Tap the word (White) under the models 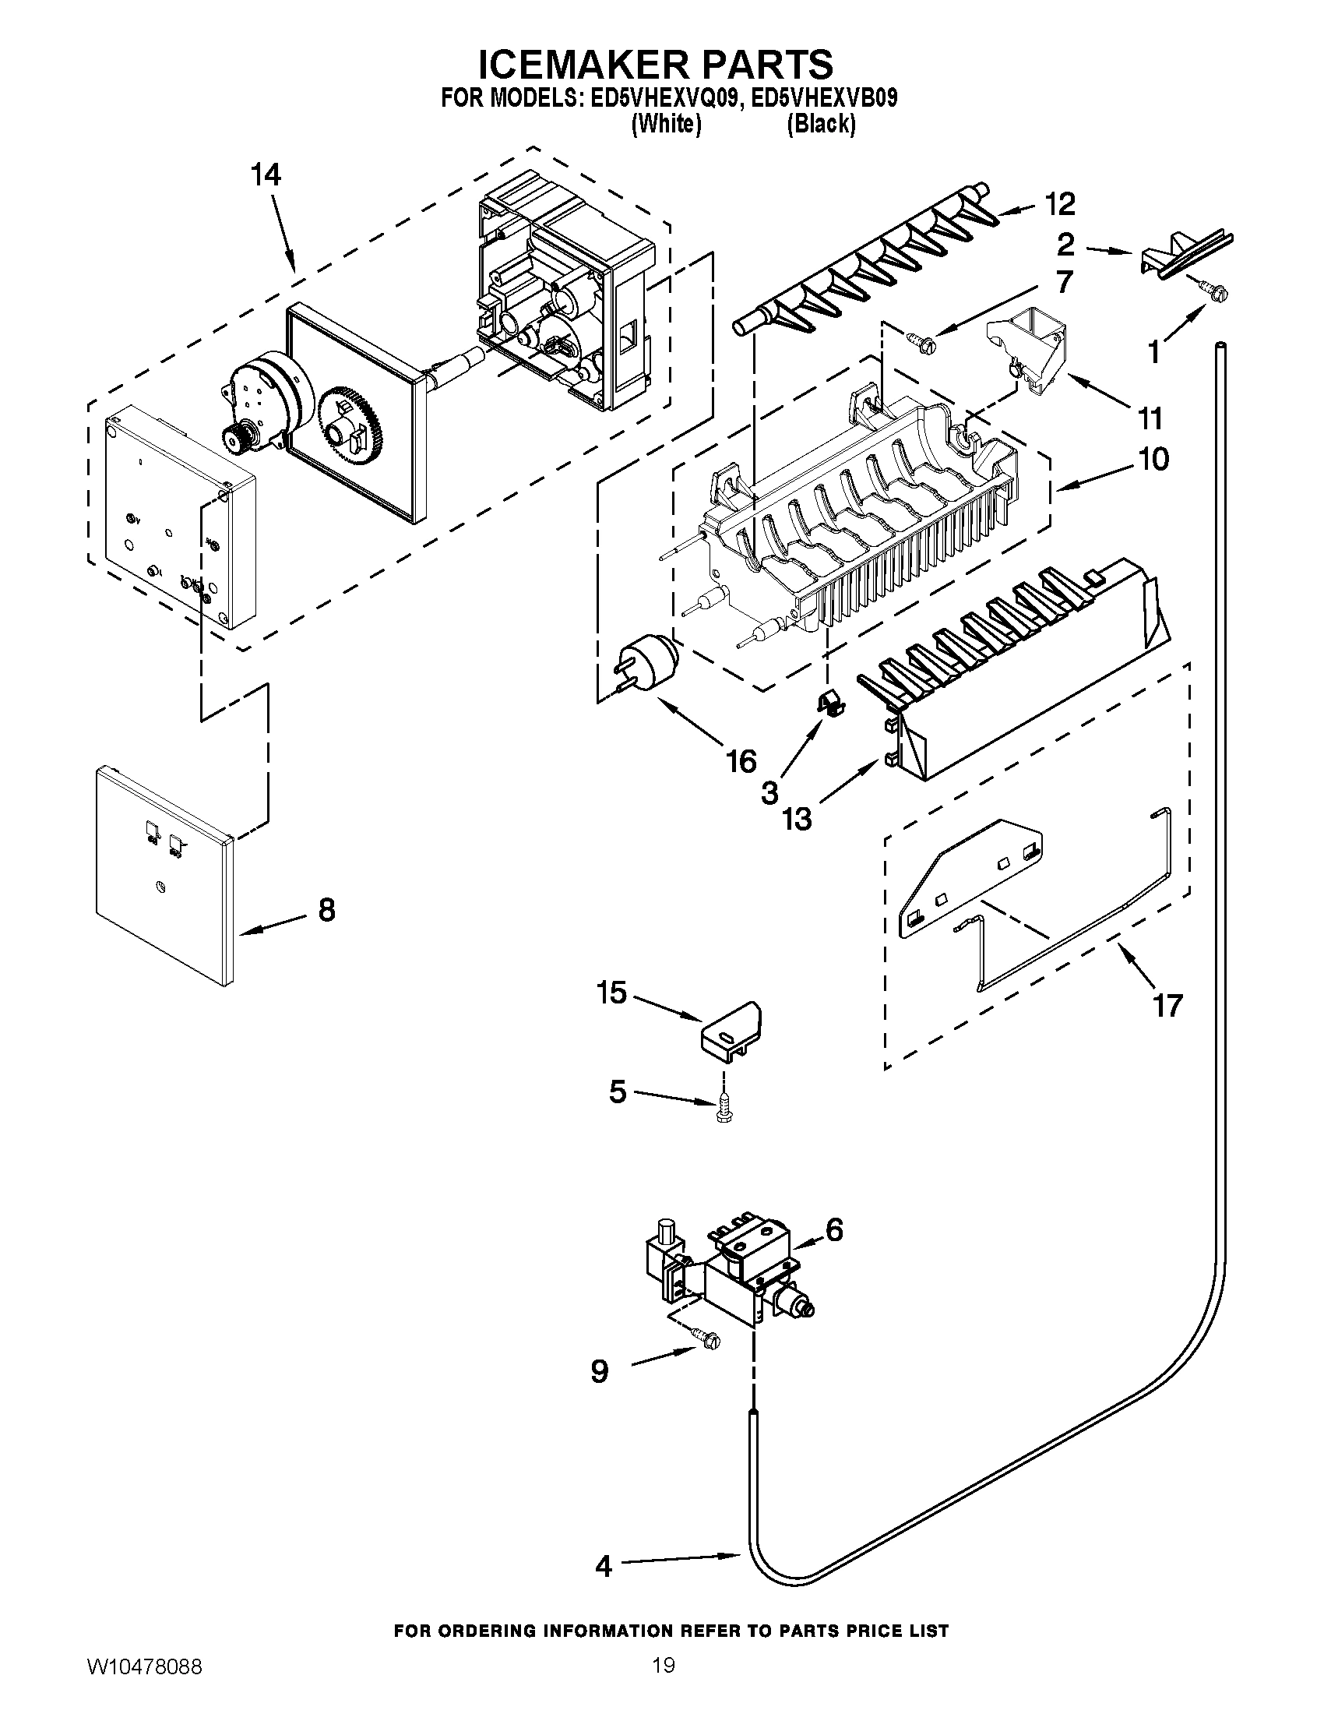coord(666,124)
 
